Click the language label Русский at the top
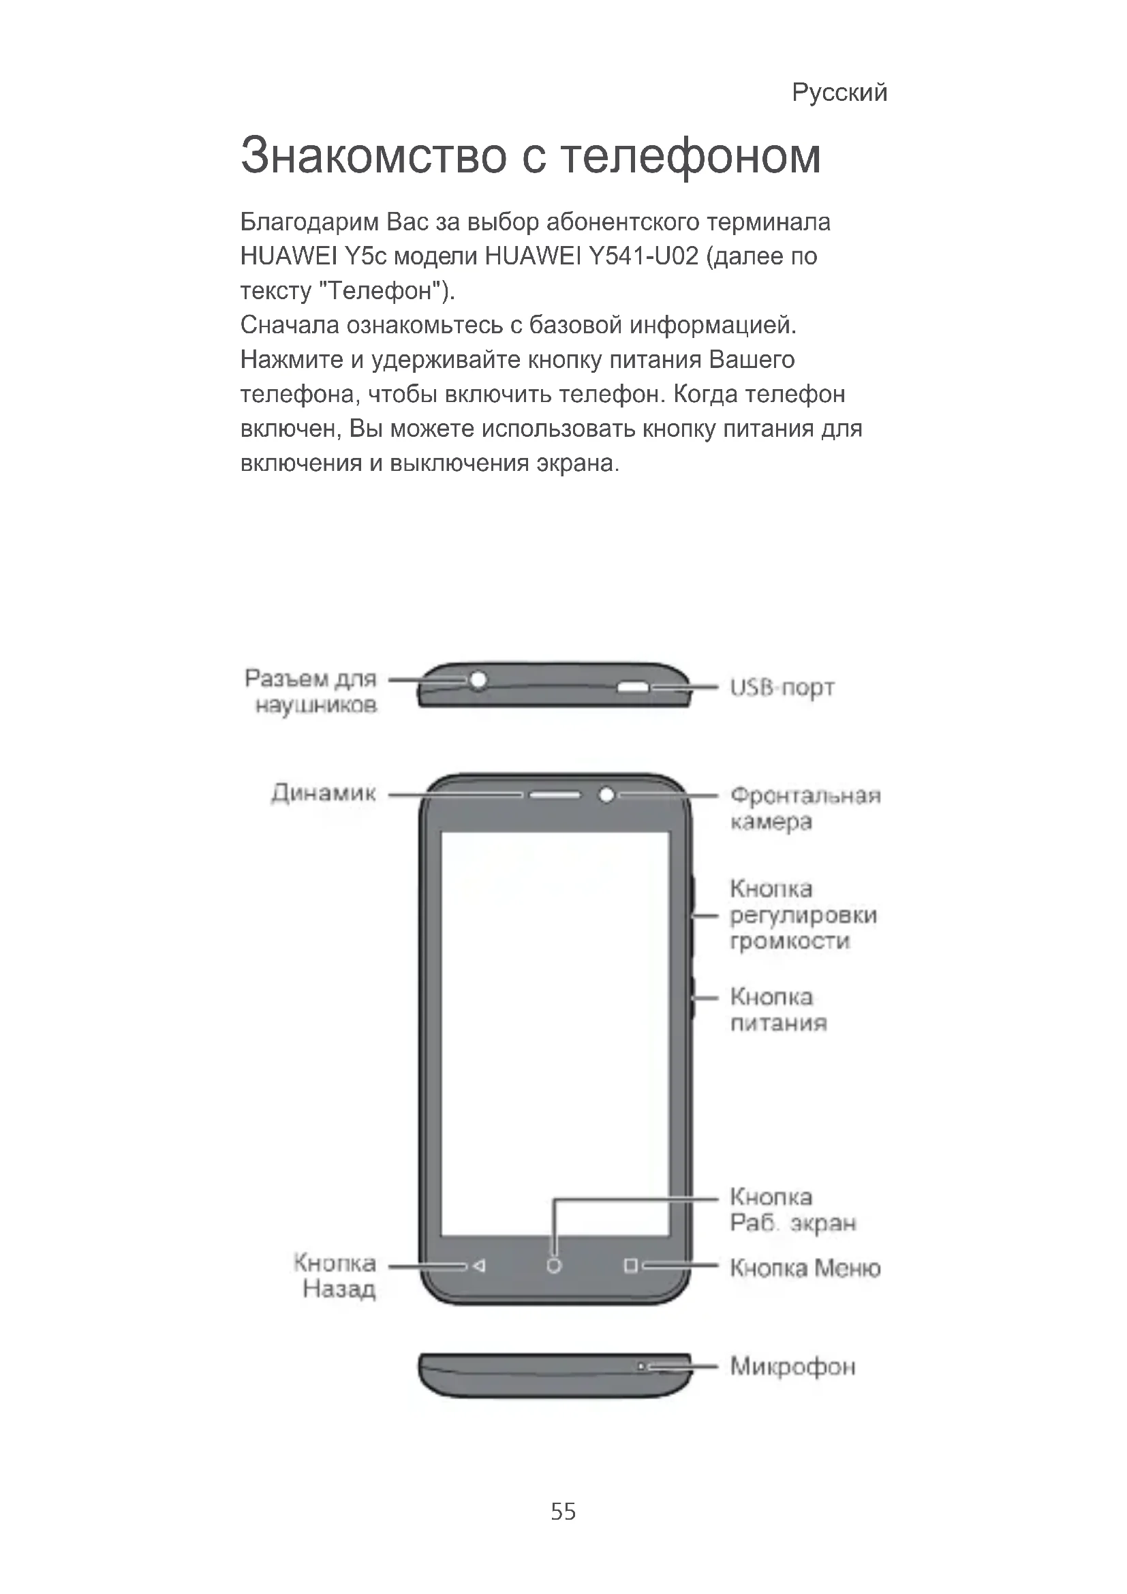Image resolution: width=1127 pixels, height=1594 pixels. (839, 92)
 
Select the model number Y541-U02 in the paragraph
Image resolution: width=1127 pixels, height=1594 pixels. (643, 257)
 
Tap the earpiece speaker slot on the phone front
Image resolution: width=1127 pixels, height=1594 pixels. (555, 794)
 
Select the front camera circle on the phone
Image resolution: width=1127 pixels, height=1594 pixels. (606, 794)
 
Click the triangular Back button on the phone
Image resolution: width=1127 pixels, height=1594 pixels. (478, 1266)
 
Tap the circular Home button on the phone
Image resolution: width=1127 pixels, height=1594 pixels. (554, 1266)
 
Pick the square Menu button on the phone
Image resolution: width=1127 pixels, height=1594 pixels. (630, 1266)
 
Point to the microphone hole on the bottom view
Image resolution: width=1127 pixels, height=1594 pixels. (642, 1366)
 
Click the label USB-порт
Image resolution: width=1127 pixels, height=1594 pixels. (782, 688)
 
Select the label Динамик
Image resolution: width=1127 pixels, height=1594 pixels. (324, 793)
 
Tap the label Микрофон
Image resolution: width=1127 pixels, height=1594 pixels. (792, 1367)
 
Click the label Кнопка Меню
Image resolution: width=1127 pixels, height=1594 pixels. (805, 1268)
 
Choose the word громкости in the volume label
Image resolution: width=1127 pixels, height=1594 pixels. (790, 941)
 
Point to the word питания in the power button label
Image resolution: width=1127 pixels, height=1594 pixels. (779, 1023)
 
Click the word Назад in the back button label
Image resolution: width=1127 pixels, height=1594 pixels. (339, 1289)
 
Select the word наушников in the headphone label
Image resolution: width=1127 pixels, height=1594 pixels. (316, 706)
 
